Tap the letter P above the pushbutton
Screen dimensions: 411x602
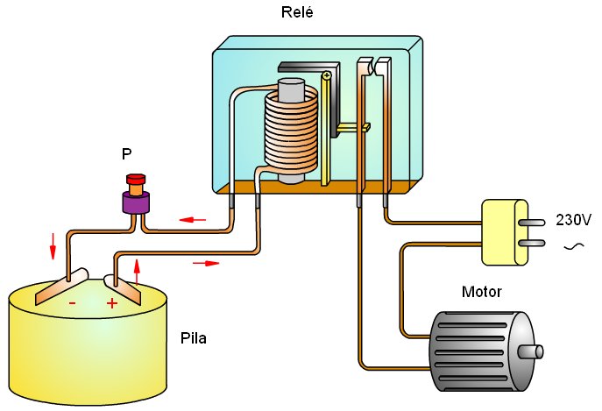point(127,154)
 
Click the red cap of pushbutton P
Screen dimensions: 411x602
point(136,180)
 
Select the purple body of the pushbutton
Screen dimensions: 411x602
point(137,202)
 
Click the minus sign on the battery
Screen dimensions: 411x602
point(72,303)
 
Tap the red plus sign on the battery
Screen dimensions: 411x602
point(112,303)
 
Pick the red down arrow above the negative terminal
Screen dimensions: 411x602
point(53,245)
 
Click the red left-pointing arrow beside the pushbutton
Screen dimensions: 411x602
point(194,218)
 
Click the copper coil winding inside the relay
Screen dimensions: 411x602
point(289,131)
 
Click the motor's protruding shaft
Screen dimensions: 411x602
point(534,352)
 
